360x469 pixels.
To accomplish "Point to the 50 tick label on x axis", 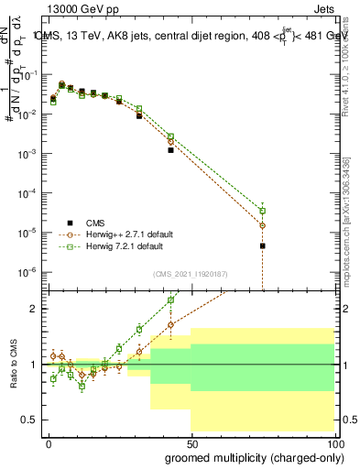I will click(x=191, y=442).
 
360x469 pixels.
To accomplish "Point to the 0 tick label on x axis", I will click(x=49, y=442).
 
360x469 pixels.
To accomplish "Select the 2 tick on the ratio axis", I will click(x=33, y=309).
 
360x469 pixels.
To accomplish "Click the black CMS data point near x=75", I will click(x=262, y=245).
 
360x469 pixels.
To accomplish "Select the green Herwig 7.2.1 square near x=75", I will click(x=262, y=211).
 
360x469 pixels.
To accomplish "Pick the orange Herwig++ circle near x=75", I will click(x=262, y=225).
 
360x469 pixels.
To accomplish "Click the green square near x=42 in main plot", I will click(x=170, y=136).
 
